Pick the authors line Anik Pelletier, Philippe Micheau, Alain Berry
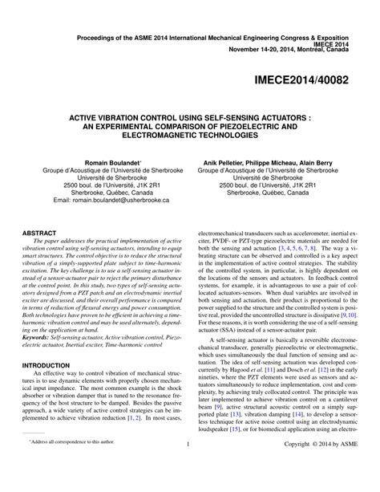click(265, 162)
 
